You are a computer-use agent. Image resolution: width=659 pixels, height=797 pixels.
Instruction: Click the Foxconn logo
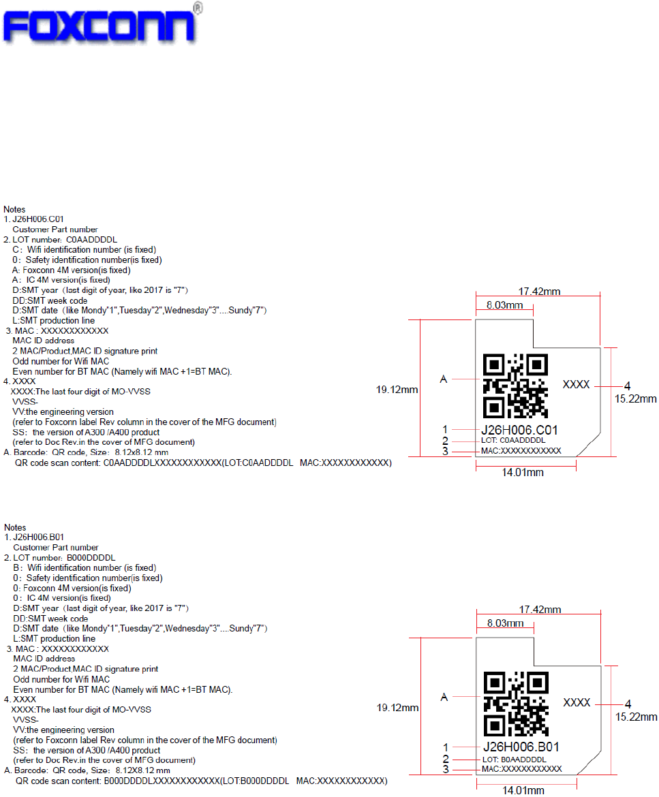[x=101, y=27]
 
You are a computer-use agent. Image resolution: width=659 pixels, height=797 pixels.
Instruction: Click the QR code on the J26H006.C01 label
[x=515, y=386]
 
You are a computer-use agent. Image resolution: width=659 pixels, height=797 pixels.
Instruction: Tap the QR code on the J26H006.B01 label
[x=516, y=703]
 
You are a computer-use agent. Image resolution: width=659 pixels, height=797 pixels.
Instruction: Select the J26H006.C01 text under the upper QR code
[x=519, y=430]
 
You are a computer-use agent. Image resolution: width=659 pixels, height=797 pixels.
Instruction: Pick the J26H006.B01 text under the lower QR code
[x=521, y=747]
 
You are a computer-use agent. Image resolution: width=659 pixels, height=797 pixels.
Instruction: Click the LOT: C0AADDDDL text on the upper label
[x=513, y=441]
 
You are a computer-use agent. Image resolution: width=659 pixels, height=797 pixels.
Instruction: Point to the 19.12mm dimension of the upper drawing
[x=397, y=390]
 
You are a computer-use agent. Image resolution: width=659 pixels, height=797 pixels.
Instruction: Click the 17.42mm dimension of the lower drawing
[x=540, y=609]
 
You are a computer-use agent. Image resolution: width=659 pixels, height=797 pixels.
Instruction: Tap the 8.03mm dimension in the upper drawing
[x=504, y=306]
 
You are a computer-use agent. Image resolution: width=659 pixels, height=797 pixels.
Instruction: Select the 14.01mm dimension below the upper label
[x=523, y=473]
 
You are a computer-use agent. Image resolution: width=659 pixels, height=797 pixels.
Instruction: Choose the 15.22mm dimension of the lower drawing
[x=636, y=716]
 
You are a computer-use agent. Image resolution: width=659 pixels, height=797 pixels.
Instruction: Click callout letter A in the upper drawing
[x=444, y=379]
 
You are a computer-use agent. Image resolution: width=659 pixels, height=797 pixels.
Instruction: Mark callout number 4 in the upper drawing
[x=628, y=386]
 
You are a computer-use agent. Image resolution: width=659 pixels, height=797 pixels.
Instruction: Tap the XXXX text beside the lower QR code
[x=577, y=702]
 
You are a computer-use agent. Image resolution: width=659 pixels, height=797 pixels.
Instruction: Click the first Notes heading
[x=15, y=209]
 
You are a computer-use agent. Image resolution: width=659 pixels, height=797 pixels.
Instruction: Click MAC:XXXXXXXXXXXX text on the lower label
[x=521, y=769]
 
